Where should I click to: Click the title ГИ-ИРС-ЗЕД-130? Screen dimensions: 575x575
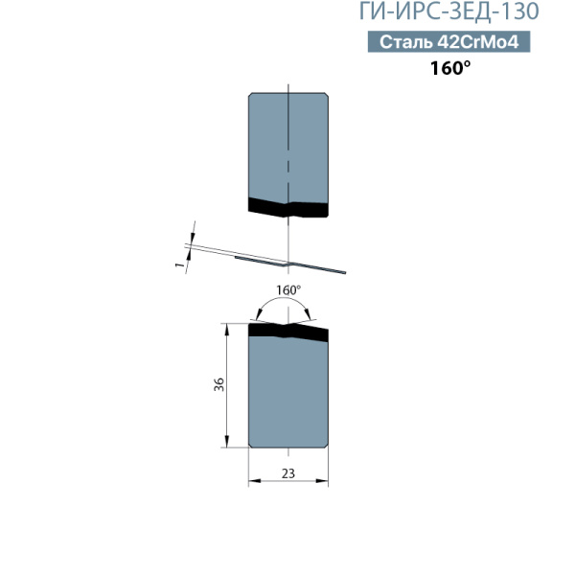pyautogui.click(x=448, y=11)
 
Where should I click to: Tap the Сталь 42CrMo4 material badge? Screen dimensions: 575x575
pyautogui.click(x=448, y=41)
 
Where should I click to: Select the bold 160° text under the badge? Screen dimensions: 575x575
pyautogui.click(x=450, y=68)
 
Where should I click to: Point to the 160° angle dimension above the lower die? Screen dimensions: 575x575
pyautogui.click(x=288, y=290)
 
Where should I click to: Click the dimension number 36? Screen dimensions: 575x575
pyautogui.click(x=218, y=384)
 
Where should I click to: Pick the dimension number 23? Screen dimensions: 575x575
pyautogui.click(x=288, y=473)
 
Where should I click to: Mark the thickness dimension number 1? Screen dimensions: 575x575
pyautogui.click(x=179, y=264)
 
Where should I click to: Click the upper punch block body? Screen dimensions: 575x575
pyautogui.click(x=288, y=147)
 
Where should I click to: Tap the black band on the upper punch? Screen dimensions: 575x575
pyautogui.click(x=288, y=209)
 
